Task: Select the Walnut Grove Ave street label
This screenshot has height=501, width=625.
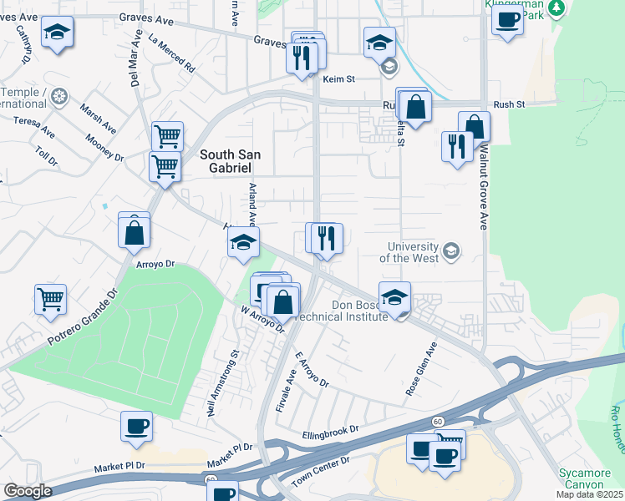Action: pyautogui.click(x=483, y=188)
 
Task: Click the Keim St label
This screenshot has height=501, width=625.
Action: pyautogui.click(x=339, y=79)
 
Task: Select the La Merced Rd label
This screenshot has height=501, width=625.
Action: pyautogui.click(x=170, y=51)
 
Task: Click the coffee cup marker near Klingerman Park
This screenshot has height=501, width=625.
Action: pyautogui.click(x=507, y=21)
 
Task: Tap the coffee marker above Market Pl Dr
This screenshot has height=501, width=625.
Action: pyautogui.click(x=136, y=426)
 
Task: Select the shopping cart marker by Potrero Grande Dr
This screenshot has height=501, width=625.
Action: pyautogui.click(x=51, y=299)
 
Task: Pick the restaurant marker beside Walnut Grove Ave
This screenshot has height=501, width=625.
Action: pyautogui.click(x=456, y=147)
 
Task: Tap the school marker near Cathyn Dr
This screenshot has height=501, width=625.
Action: pyautogui.click(x=57, y=33)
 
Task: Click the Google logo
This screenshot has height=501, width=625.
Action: pyautogui.click(x=28, y=491)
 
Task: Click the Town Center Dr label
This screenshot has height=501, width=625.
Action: pyautogui.click(x=320, y=472)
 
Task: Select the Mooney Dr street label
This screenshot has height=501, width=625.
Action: pyautogui.click(x=104, y=147)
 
